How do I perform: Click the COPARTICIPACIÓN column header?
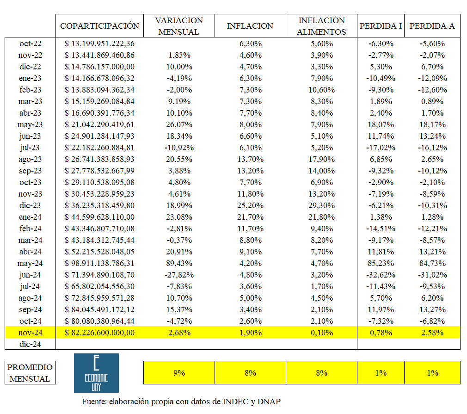[x=99, y=26]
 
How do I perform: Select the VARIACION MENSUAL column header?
[x=179, y=26]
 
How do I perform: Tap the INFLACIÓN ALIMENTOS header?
[x=321, y=26]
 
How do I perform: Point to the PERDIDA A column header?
[x=432, y=26]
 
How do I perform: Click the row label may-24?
[x=31, y=263]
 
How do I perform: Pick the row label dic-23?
[x=31, y=205]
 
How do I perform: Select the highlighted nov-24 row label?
[x=31, y=333]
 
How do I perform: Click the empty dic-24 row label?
[x=31, y=344]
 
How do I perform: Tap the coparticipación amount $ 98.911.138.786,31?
[x=99, y=263]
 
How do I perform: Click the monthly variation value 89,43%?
[x=179, y=263]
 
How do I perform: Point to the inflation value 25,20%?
[x=250, y=205]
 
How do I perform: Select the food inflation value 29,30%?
[x=321, y=205]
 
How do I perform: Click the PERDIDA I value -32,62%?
[x=381, y=275]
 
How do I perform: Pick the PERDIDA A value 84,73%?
[x=432, y=263]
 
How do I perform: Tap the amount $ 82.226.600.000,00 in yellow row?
[x=99, y=333]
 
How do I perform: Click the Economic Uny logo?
[x=96, y=373]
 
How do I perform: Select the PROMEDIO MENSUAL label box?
[x=31, y=373]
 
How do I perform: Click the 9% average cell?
[x=179, y=373]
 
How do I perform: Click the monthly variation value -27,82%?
[x=179, y=275]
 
